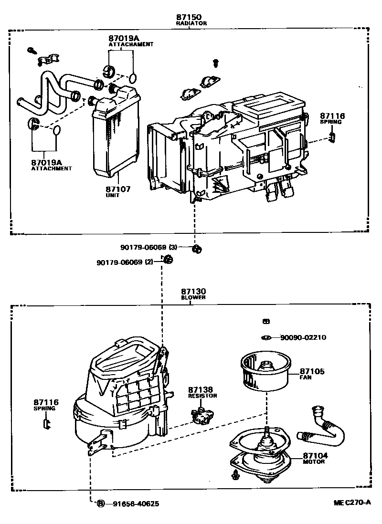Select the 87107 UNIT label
tap(117, 189)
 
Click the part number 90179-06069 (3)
tap(149, 247)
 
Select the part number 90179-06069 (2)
tap(125, 262)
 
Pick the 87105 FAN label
tap(312, 372)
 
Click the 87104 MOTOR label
tap(315, 456)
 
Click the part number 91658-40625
tap(136, 503)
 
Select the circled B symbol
tap(101, 503)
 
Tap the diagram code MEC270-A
tap(352, 503)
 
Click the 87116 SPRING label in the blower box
tap(46, 403)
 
